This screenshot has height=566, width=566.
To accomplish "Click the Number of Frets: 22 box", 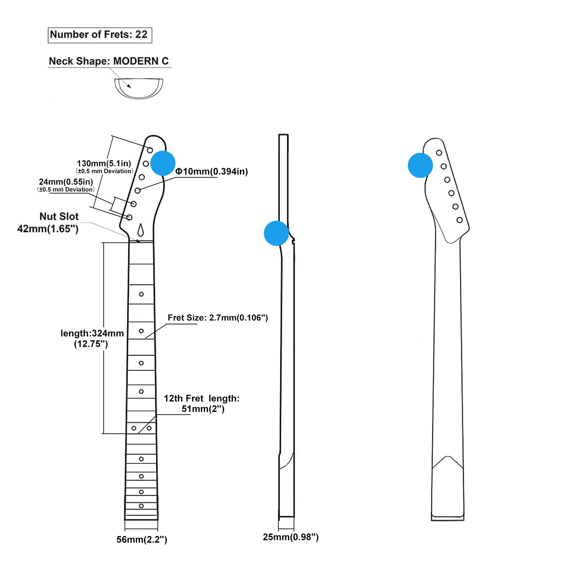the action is (x=100, y=35).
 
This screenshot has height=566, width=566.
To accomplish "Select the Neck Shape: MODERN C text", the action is (x=109, y=61).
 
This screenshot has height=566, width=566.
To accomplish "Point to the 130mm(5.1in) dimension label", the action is (x=104, y=163).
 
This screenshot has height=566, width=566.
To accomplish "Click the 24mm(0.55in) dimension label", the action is (x=66, y=182).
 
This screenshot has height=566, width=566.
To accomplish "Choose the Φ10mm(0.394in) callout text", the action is (x=212, y=172).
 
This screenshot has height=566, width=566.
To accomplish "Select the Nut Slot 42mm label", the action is (x=48, y=223).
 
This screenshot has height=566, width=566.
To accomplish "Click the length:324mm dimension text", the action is (x=92, y=339).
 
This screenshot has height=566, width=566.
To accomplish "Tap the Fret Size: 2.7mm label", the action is (x=218, y=318).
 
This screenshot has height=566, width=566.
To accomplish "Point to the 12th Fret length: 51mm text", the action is (x=202, y=404).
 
